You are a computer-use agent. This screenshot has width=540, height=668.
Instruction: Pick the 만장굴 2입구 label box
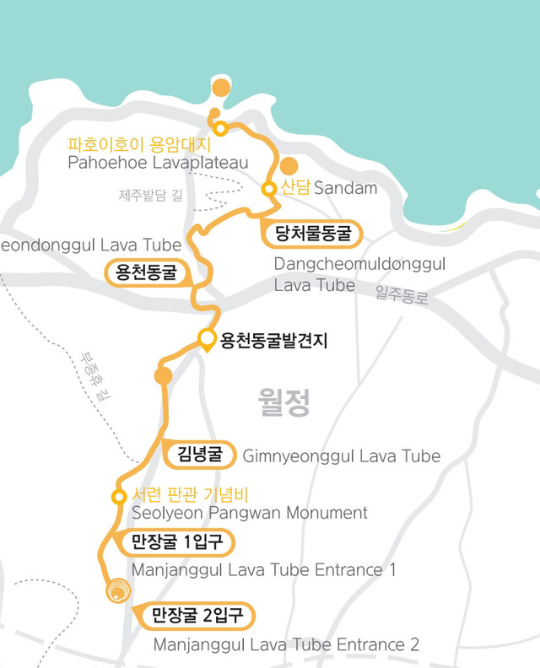(197, 616)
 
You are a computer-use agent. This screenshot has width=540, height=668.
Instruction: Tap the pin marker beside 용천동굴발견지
(208, 341)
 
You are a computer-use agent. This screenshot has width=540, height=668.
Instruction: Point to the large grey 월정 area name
(284, 403)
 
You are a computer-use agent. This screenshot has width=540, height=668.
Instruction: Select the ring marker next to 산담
(269, 189)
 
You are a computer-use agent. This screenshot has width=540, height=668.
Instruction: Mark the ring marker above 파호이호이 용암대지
(220, 128)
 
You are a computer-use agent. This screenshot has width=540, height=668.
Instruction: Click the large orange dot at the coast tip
(221, 88)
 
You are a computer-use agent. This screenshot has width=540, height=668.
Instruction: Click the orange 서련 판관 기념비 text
(190, 495)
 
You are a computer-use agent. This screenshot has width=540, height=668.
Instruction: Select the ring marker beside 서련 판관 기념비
(120, 495)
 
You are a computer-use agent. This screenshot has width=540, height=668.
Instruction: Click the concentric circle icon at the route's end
(116, 591)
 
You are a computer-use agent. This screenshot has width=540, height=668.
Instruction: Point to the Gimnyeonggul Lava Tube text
(341, 456)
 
